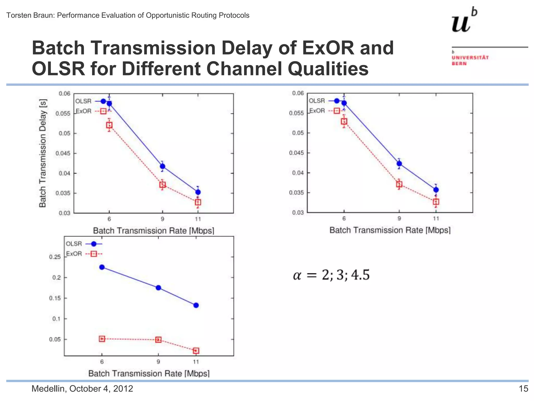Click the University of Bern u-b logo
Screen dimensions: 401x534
tap(464, 21)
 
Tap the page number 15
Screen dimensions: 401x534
tap(523, 389)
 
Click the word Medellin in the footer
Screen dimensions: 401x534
tap(48, 389)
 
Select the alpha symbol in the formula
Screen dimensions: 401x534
tap(297, 275)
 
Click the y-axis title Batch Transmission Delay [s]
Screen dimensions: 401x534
tap(43, 153)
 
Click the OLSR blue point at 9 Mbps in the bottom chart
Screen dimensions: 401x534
tap(158, 288)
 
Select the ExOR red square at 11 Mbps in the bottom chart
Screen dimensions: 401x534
tap(196, 351)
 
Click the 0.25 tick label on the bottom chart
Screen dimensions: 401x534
tap(55, 257)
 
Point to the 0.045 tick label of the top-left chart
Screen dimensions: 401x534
tap(63, 153)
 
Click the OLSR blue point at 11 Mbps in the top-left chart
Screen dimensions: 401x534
tap(198, 192)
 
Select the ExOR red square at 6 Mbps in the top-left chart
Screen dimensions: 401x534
tap(109, 125)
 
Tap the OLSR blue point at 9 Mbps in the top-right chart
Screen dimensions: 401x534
tap(399, 164)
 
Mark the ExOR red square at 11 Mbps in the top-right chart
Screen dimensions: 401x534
tap(436, 202)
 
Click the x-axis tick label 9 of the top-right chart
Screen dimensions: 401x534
tap(399, 219)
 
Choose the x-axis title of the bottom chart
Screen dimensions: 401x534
tap(149, 374)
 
